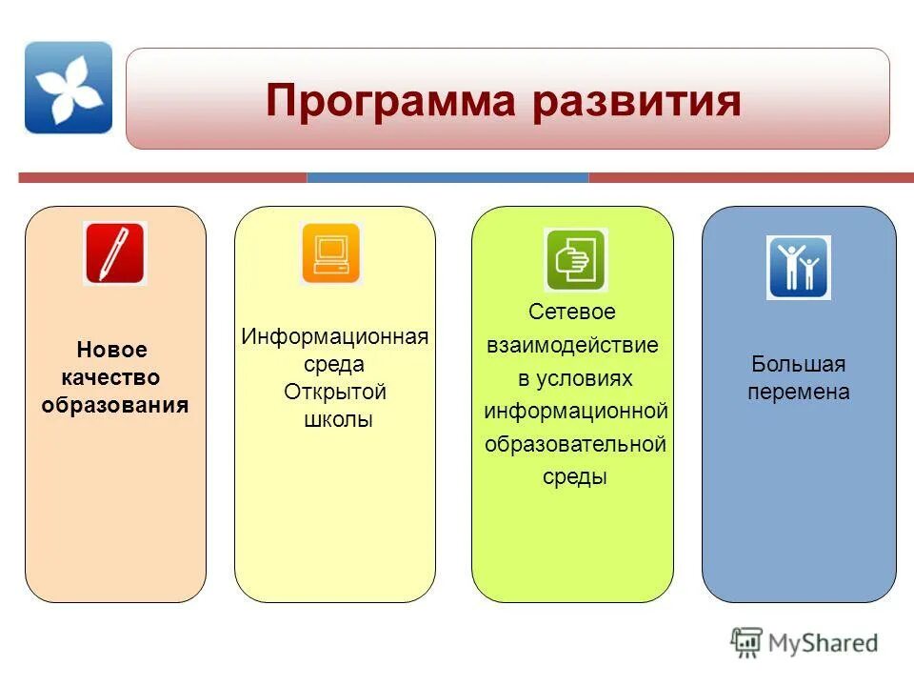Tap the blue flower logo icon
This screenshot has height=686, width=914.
[x=69, y=88]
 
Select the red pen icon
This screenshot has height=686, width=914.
[x=114, y=253]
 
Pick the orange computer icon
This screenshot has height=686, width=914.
[x=331, y=253]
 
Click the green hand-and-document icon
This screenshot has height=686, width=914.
[x=574, y=260]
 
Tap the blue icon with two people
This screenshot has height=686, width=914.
[x=798, y=268]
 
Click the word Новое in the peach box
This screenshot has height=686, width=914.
[x=111, y=351]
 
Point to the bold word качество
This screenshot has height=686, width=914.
[x=111, y=377]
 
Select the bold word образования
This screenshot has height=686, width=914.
[x=115, y=404]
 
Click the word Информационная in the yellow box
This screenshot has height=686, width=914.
[x=335, y=337]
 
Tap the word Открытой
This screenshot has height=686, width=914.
[x=335, y=392]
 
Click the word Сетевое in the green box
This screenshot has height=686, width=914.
[x=572, y=313]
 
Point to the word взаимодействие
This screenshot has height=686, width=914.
[x=572, y=345]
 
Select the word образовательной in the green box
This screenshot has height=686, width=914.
[x=575, y=444]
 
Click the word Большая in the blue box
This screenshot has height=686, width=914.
[x=798, y=364]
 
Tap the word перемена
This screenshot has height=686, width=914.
[x=798, y=392]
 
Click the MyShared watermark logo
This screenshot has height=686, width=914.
[x=805, y=642]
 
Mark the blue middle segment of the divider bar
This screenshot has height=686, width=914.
[x=447, y=177]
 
